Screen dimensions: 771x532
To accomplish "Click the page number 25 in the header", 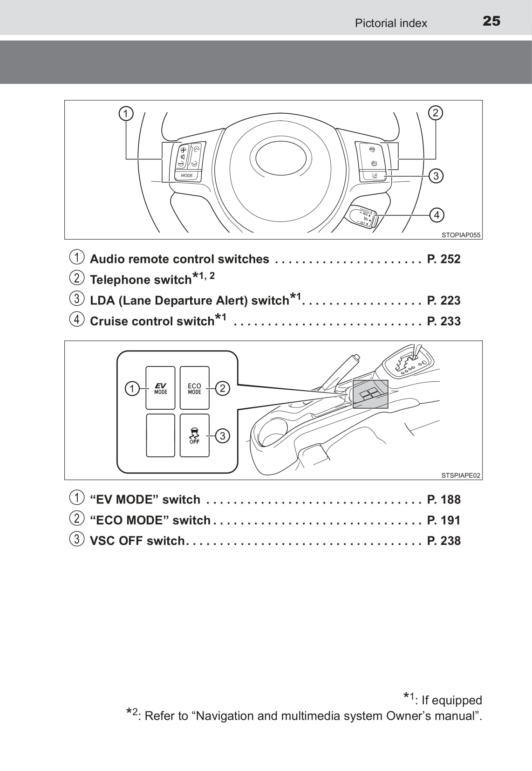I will tap(491, 21).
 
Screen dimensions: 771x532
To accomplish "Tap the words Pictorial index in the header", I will tap(390, 23).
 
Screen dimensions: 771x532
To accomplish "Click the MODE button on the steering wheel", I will tap(187, 176).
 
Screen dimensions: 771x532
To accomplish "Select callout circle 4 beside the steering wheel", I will tap(437, 215).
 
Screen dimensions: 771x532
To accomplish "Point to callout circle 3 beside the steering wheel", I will tap(436, 176).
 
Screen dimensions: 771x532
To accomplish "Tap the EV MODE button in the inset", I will tap(161, 388).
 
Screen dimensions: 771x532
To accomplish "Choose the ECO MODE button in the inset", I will tap(194, 388).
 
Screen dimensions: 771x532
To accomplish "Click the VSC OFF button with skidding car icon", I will tap(194, 435).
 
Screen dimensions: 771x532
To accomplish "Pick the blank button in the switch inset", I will tap(161, 435).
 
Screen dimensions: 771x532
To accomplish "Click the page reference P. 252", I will tap(443, 259).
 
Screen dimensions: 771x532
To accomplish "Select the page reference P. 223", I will tap(443, 301).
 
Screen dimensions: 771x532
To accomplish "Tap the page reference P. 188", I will tap(443, 500).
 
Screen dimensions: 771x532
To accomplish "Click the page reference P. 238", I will tap(443, 541).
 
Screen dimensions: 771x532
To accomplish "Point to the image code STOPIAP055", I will tap(461, 235).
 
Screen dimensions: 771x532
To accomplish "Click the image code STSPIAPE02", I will tap(461, 475).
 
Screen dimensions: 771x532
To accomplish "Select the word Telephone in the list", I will tap(116, 280).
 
